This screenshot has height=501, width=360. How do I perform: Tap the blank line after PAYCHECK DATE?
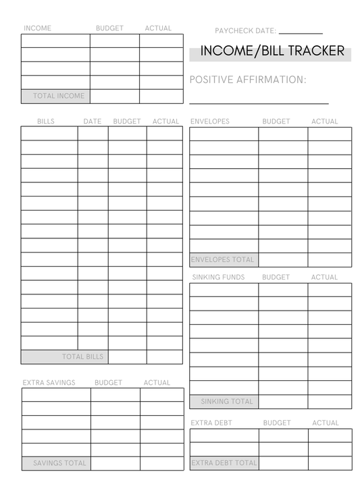pos(301,32)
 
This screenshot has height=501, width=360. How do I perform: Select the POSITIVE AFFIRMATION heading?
pos(248,80)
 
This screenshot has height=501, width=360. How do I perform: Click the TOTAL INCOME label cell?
pos(55,96)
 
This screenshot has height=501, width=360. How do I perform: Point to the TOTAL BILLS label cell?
pos(64,357)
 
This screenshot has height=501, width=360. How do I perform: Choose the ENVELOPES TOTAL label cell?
pos(224,259)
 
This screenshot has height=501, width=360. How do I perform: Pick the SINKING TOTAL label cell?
pos(224,401)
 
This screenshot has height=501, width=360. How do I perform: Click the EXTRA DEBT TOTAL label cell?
pos(224,463)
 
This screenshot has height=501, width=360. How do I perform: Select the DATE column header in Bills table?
pos(93,122)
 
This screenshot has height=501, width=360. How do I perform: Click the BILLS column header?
pos(46,122)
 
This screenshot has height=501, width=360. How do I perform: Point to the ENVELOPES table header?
pos(210,122)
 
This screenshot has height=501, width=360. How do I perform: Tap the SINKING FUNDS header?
pos(217,277)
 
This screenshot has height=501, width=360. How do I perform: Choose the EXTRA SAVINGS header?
pos(49,383)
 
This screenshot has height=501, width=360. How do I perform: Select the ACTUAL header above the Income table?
pos(158,28)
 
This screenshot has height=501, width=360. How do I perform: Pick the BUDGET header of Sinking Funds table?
pos(276,277)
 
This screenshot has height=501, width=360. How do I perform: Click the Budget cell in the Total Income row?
pos(115,96)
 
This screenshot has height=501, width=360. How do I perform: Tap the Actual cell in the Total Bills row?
pos(164,357)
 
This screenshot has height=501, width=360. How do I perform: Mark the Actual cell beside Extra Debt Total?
pos(330,463)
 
